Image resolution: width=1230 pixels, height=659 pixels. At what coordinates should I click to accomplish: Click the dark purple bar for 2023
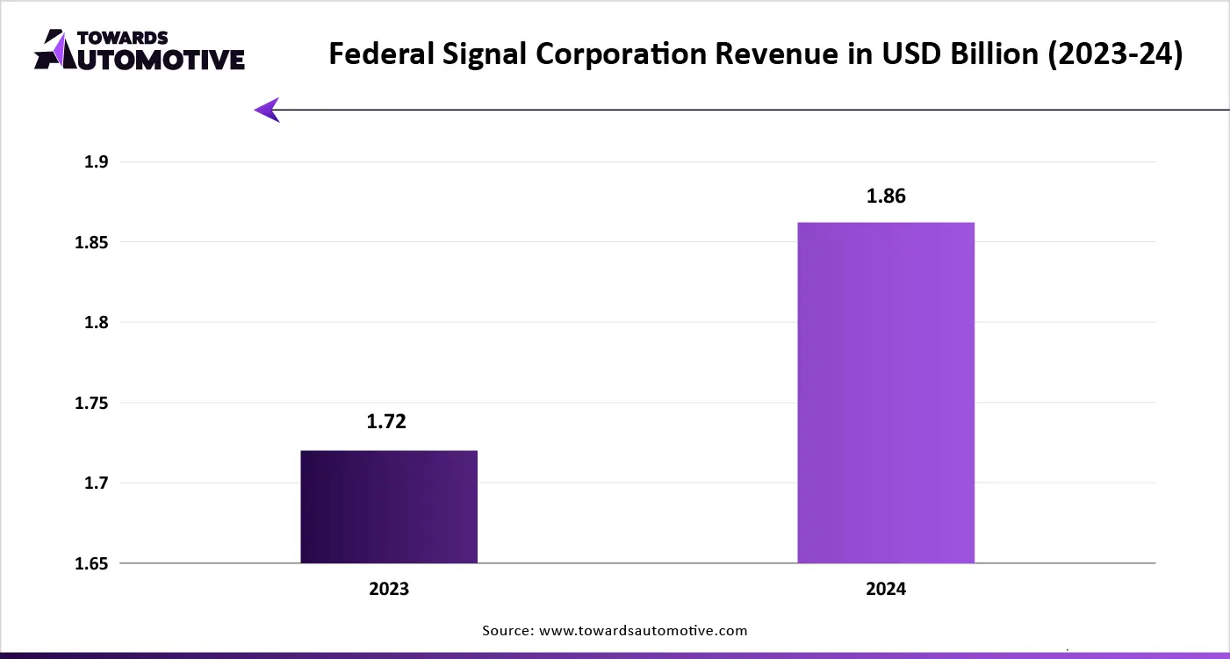pos(389,506)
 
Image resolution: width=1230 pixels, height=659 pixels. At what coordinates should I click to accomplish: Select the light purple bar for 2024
pos(886,392)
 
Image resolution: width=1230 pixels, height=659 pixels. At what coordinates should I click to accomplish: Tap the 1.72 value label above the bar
pos(386,422)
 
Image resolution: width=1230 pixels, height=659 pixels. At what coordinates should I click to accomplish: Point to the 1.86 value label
pos(886,197)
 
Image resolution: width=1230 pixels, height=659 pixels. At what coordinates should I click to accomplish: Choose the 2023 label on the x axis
pos(389,590)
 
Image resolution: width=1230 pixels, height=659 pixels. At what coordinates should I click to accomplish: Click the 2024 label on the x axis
pos(886,590)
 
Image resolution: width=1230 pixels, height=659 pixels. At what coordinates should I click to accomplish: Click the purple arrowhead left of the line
pos(267,110)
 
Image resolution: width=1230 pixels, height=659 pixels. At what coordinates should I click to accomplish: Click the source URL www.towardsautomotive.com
pos(642,630)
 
